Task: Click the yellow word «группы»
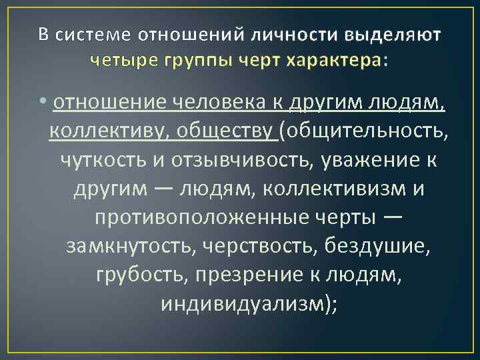[183, 61]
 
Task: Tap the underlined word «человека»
[219, 102]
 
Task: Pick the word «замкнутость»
[127, 246]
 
